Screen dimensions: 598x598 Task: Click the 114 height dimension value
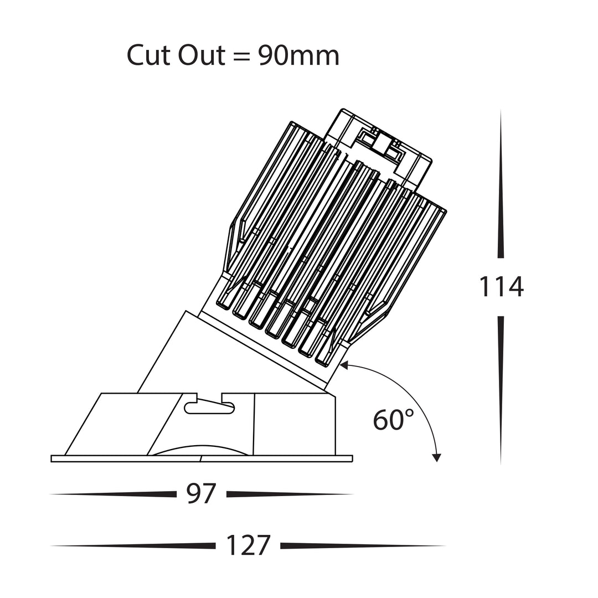[501, 287]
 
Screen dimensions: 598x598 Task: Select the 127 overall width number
[248, 545]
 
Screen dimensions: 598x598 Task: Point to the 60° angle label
[393, 420]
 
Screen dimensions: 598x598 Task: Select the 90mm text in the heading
[298, 56]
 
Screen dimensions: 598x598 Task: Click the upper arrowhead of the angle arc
[344, 365]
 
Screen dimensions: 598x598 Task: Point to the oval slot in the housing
[209, 408]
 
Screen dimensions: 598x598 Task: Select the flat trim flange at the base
[202, 458]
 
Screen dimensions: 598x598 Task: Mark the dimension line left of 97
[114, 494]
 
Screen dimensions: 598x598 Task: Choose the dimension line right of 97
[290, 494]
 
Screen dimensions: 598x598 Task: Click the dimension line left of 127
[133, 546]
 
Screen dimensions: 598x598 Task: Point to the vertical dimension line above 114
[501, 184]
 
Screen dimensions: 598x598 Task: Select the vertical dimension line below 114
[501, 390]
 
